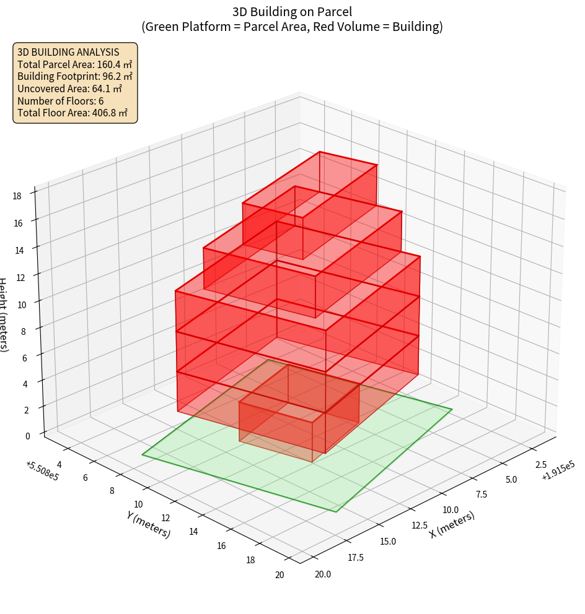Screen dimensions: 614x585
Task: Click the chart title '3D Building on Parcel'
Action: pyautogui.click(x=292, y=12)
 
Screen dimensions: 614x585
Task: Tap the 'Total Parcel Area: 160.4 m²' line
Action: pyautogui.click(x=74, y=64)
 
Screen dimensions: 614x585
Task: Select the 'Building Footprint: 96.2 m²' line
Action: pyautogui.click(x=75, y=77)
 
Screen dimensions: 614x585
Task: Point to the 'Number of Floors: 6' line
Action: pyautogui.click(x=61, y=101)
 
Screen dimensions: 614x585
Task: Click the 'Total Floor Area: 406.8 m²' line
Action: pyautogui.click(x=73, y=113)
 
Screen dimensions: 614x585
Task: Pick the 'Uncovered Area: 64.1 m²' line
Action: pyautogui.click(x=69, y=89)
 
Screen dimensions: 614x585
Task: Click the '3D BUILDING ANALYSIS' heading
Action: pyautogui.click(x=68, y=52)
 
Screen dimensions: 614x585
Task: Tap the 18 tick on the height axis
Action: pyautogui.click(x=17, y=196)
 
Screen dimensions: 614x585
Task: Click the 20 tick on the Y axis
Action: pyautogui.click(x=279, y=575)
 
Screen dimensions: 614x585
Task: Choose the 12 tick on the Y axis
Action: pyautogui.click(x=165, y=518)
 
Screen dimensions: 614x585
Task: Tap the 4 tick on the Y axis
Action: pyautogui.click(x=59, y=464)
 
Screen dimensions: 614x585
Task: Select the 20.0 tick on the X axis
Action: pyautogui.click(x=323, y=574)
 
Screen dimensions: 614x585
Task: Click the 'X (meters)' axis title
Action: pyautogui.click(x=452, y=524)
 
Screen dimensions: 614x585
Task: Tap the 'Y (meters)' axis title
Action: pyautogui.click(x=148, y=524)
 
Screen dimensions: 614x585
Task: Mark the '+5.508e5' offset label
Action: pyautogui.click(x=42, y=472)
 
